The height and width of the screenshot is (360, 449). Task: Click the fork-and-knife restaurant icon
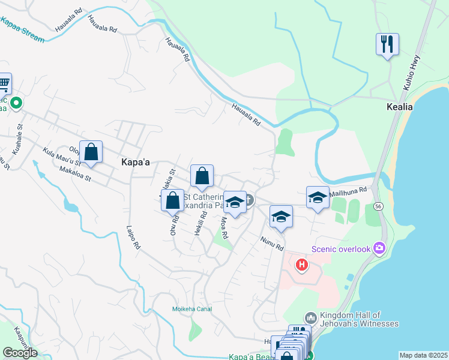click(x=387, y=44)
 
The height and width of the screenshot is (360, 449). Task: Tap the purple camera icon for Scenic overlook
click(x=379, y=247)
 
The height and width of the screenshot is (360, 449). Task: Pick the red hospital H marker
click(x=302, y=263)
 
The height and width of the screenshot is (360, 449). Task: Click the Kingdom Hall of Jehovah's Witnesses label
click(x=360, y=319)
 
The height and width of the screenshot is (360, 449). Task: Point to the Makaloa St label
click(x=75, y=175)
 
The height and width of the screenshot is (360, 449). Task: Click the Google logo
click(x=20, y=353)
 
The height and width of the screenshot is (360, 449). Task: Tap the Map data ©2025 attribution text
click(x=423, y=355)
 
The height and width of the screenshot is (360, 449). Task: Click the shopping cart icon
click(x=4, y=83)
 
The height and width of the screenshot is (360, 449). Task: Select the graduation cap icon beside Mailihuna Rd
click(x=318, y=197)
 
